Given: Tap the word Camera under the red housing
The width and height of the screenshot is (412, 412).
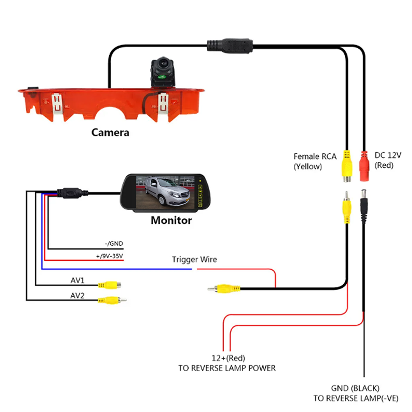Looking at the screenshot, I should [110, 133].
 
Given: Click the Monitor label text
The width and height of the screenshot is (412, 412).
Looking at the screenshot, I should [171, 220].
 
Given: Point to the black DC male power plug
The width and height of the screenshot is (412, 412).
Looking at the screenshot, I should [364, 202].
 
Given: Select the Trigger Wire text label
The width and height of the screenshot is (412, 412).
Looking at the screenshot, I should [194, 260].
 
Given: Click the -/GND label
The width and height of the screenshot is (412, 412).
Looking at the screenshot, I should [114, 243].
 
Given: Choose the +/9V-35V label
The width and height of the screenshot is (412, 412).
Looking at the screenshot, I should [110, 256].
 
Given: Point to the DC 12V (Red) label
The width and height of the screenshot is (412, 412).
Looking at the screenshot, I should [388, 160].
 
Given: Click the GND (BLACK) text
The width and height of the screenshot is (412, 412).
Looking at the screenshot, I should [355, 388].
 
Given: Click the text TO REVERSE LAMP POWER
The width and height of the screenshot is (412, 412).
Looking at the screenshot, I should [227, 368].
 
